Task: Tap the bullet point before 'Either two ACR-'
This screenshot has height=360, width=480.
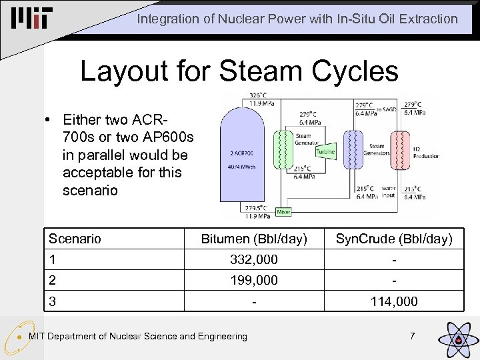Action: (49, 121)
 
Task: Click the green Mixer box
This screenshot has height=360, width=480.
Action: (283, 211)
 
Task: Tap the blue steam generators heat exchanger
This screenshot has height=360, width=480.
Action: (352, 153)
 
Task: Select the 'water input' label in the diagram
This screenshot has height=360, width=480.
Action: (389, 192)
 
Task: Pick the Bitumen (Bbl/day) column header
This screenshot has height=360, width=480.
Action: (254, 239)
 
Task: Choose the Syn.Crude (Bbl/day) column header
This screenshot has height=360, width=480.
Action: (394, 239)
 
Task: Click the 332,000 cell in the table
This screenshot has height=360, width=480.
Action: (254, 259)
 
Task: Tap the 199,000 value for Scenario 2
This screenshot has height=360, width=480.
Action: (254, 280)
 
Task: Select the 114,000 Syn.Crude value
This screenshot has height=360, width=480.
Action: (394, 301)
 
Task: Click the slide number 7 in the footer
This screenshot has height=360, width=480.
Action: (412, 336)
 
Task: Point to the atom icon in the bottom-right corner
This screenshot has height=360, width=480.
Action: (457, 338)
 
